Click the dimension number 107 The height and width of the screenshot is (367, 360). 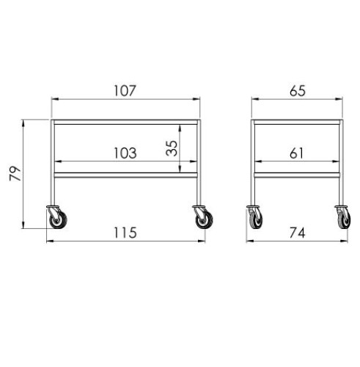[125, 90]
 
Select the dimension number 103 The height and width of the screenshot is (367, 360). [125, 153]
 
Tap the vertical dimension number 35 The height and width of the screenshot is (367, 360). [172, 148]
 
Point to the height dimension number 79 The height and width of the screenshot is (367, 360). [15, 173]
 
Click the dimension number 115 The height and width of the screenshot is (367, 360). [125, 233]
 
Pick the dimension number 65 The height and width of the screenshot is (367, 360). [298, 90]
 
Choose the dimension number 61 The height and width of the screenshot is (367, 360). [296, 153]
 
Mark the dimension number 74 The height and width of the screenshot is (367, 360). [298, 233]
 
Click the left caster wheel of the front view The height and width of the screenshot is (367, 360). [58, 220]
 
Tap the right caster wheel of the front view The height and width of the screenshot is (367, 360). [205, 220]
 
